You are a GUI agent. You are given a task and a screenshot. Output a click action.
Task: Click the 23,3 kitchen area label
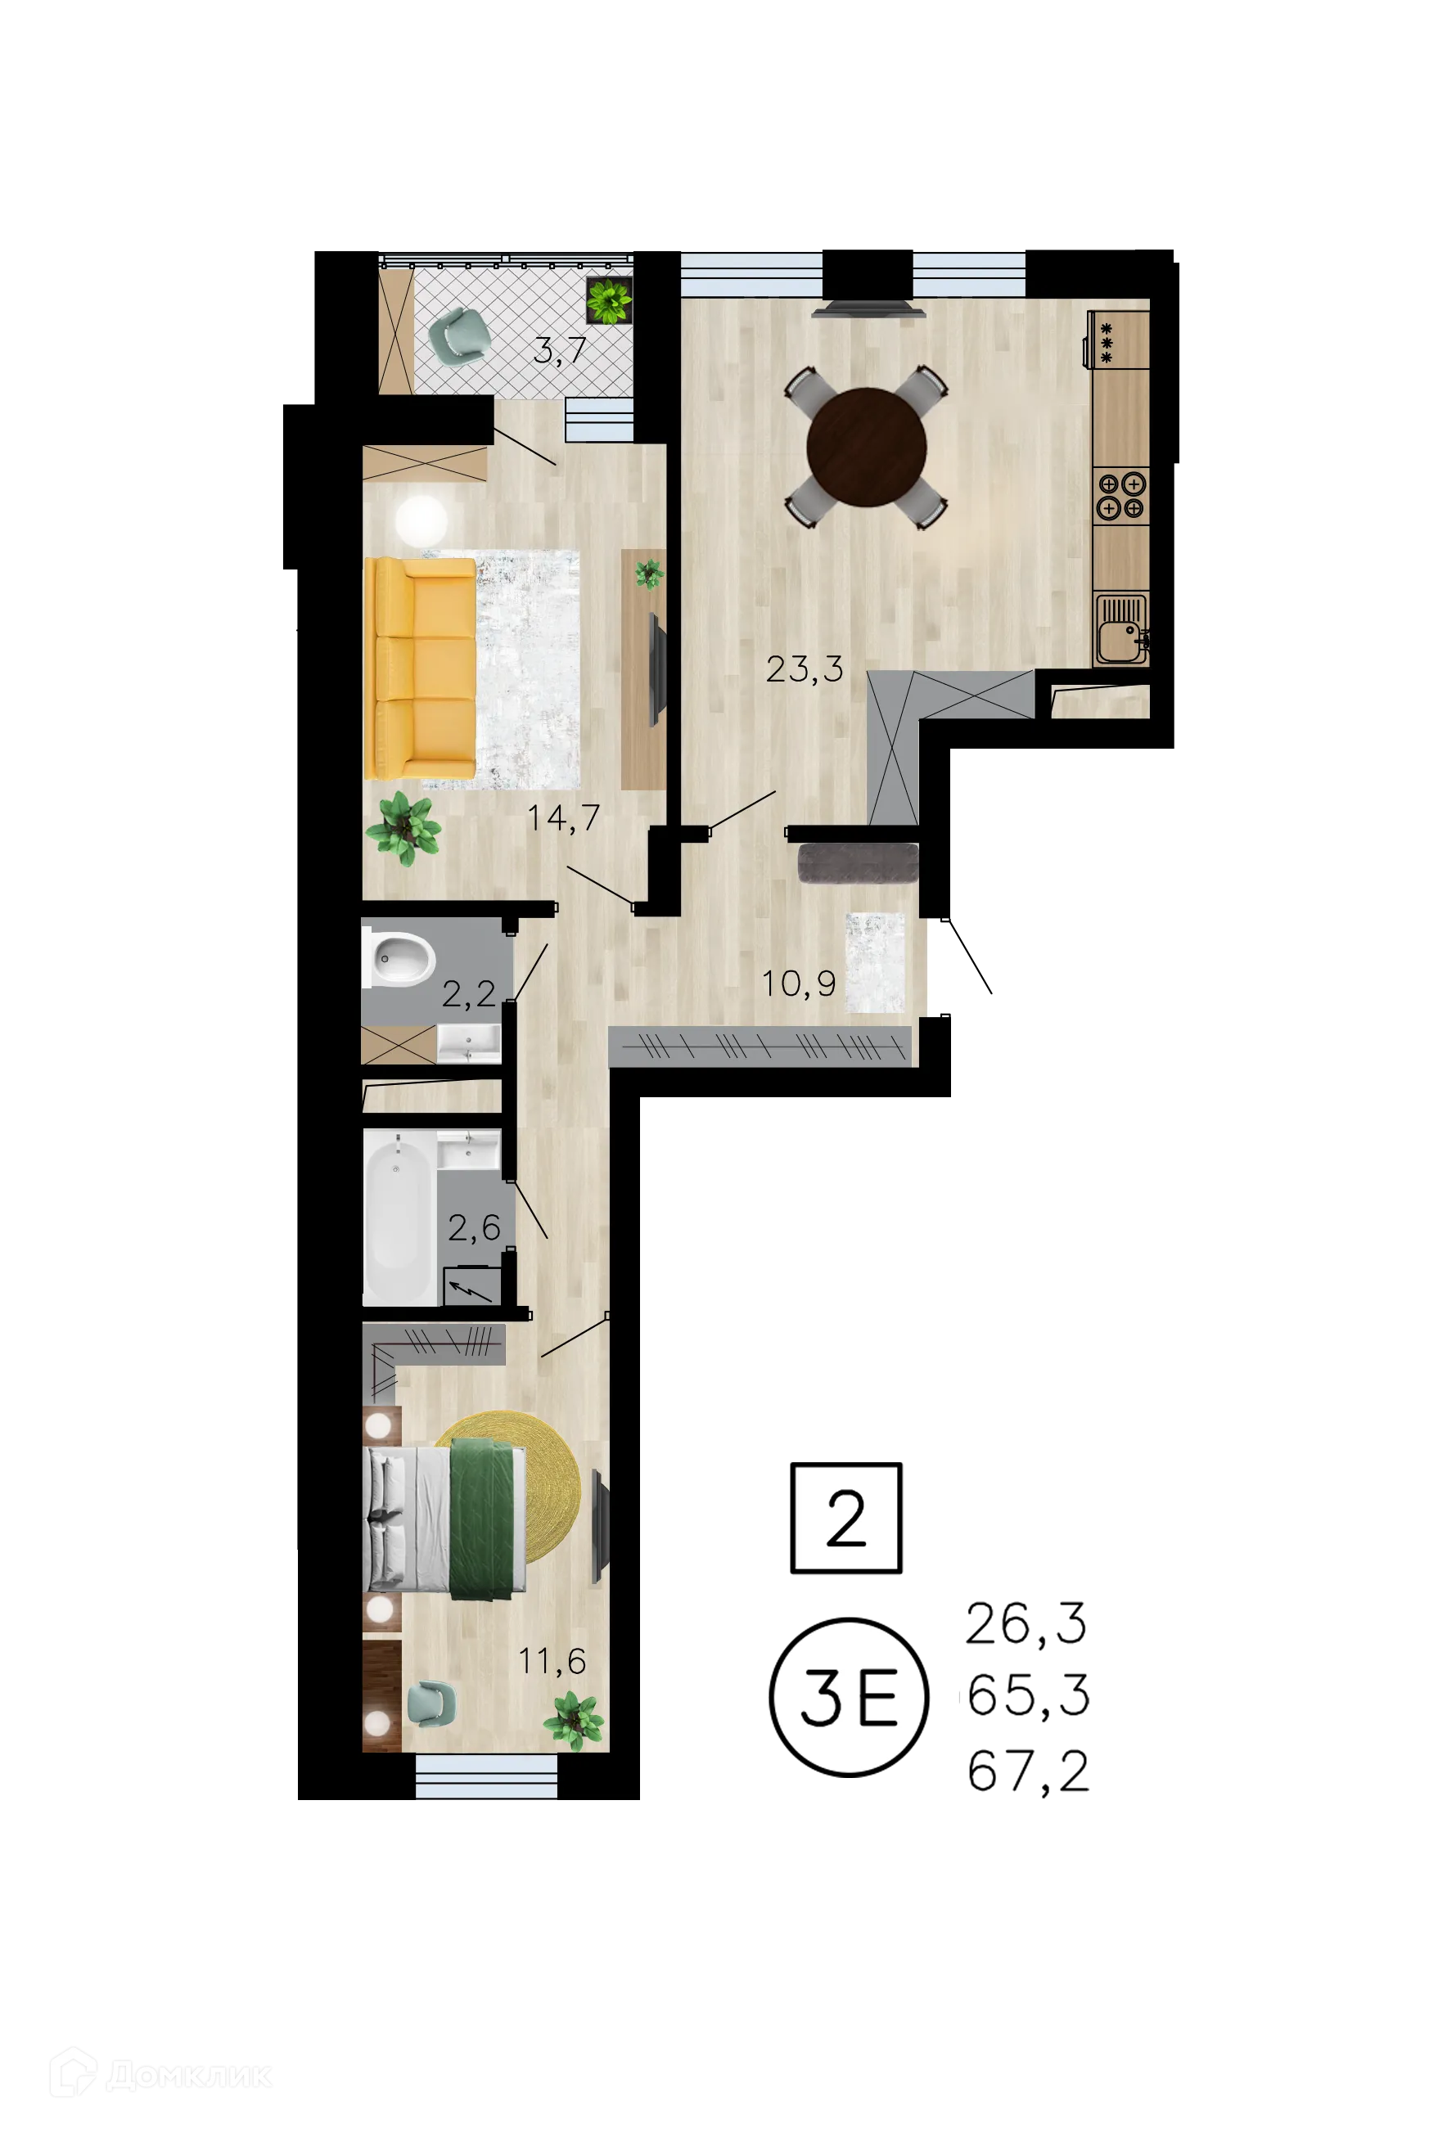pos(804,669)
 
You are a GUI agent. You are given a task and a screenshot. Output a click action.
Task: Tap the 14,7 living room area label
pos(563,818)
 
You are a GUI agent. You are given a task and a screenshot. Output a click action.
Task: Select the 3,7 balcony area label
pos(559,351)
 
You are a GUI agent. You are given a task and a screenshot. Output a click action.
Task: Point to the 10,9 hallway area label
pos(798,983)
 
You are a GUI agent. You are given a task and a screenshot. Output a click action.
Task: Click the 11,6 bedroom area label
pos(552,1661)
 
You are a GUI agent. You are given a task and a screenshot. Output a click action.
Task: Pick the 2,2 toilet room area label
pos(468,994)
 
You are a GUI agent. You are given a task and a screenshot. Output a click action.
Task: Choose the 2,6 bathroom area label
pos(474,1228)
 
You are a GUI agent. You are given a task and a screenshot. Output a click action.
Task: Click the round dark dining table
pos(866,448)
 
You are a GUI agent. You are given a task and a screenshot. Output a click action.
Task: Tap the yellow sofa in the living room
pos(420,668)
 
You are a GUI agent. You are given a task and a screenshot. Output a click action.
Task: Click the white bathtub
pos(399,1217)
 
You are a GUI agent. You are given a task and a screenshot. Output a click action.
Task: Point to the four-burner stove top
pos(1120,495)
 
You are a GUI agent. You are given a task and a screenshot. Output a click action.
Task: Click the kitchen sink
pos(1120,629)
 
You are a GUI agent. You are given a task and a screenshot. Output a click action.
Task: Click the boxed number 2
pos(844,1518)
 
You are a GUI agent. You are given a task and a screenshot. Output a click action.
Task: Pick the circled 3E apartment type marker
pos(848,1696)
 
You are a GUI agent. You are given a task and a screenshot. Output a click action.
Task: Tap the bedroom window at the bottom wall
pos(486,1776)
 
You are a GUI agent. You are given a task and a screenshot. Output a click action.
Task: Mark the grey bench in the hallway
pos(858,862)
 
